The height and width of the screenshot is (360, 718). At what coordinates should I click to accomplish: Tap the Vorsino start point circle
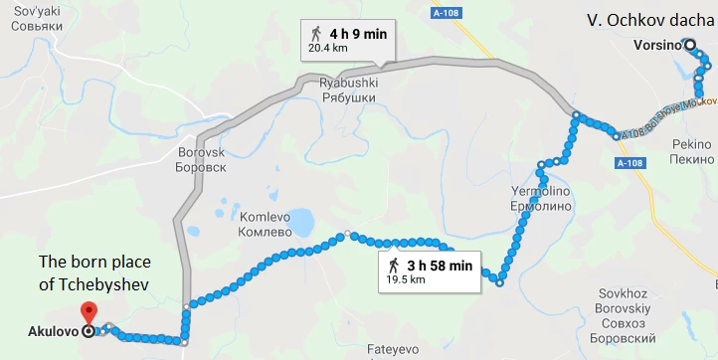click(688, 44)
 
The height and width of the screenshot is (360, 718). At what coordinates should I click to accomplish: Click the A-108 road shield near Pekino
click(628, 163)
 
